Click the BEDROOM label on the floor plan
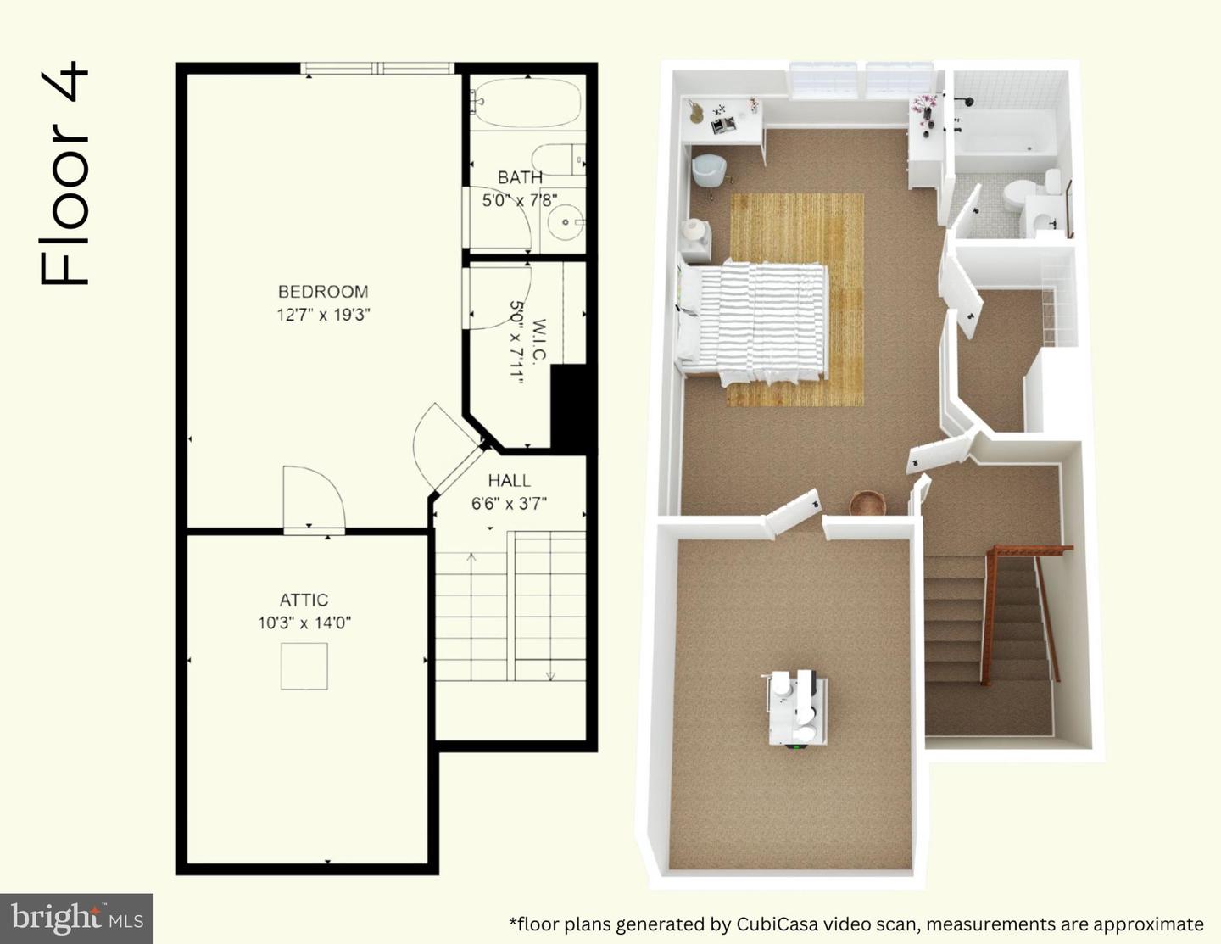[323, 292]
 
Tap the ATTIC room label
[304, 600]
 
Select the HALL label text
[509, 480]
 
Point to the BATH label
[521, 177]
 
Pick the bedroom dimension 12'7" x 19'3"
[323, 315]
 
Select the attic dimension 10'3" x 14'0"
[304, 623]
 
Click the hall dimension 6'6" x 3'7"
[509, 504]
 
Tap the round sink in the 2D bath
[566, 222]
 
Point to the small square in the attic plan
[304, 667]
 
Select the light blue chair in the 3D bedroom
[709, 170]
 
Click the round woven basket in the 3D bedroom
[867, 502]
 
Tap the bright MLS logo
[76, 919]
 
